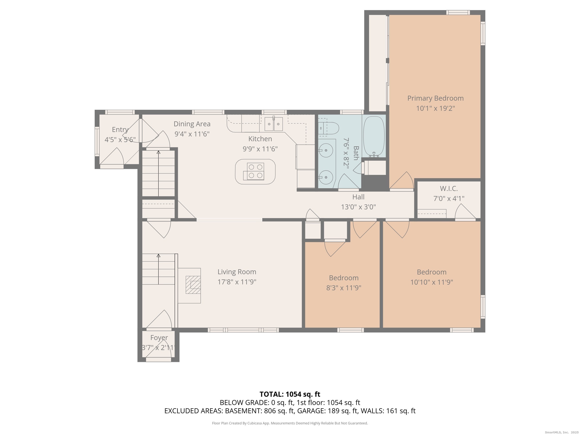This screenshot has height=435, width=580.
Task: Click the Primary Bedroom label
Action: [x=435, y=98]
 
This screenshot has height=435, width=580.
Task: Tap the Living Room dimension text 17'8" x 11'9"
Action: [x=237, y=282]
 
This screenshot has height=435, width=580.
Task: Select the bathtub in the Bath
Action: [x=374, y=137]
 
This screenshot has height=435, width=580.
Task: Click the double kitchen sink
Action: [x=274, y=124]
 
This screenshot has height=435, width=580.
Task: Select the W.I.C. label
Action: [x=449, y=189]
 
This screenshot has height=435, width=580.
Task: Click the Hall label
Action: [x=358, y=197]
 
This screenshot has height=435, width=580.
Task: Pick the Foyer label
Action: [x=159, y=338]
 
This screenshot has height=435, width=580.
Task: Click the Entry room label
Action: [x=120, y=129]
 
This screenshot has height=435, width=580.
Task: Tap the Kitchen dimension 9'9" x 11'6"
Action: [x=260, y=149]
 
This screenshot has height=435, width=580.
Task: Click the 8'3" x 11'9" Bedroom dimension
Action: [x=344, y=288]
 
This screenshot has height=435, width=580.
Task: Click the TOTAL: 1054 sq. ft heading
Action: [x=290, y=394]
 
